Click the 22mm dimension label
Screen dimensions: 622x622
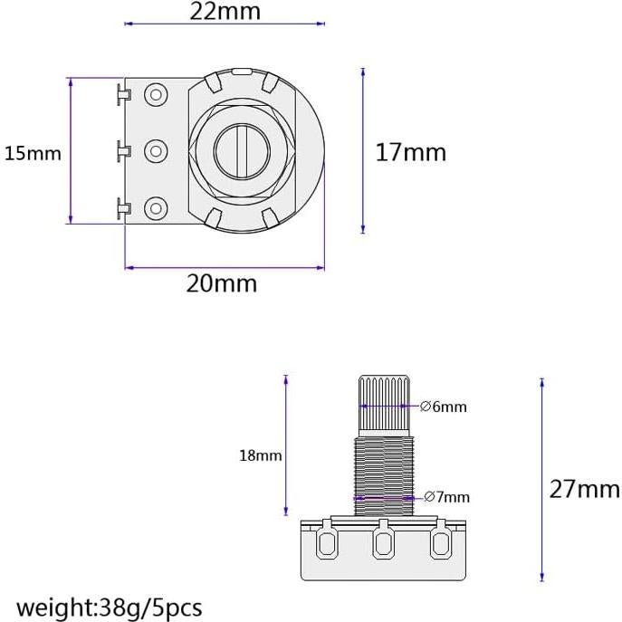[x=224, y=12]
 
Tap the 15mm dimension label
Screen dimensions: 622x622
[x=33, y=153]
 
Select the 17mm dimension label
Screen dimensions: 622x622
[x=410, y=152]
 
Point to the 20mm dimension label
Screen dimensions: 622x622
[x=222, y=283]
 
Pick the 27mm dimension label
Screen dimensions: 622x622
[x=584, y=490]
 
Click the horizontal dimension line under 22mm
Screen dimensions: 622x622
[x=224, y=24]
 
